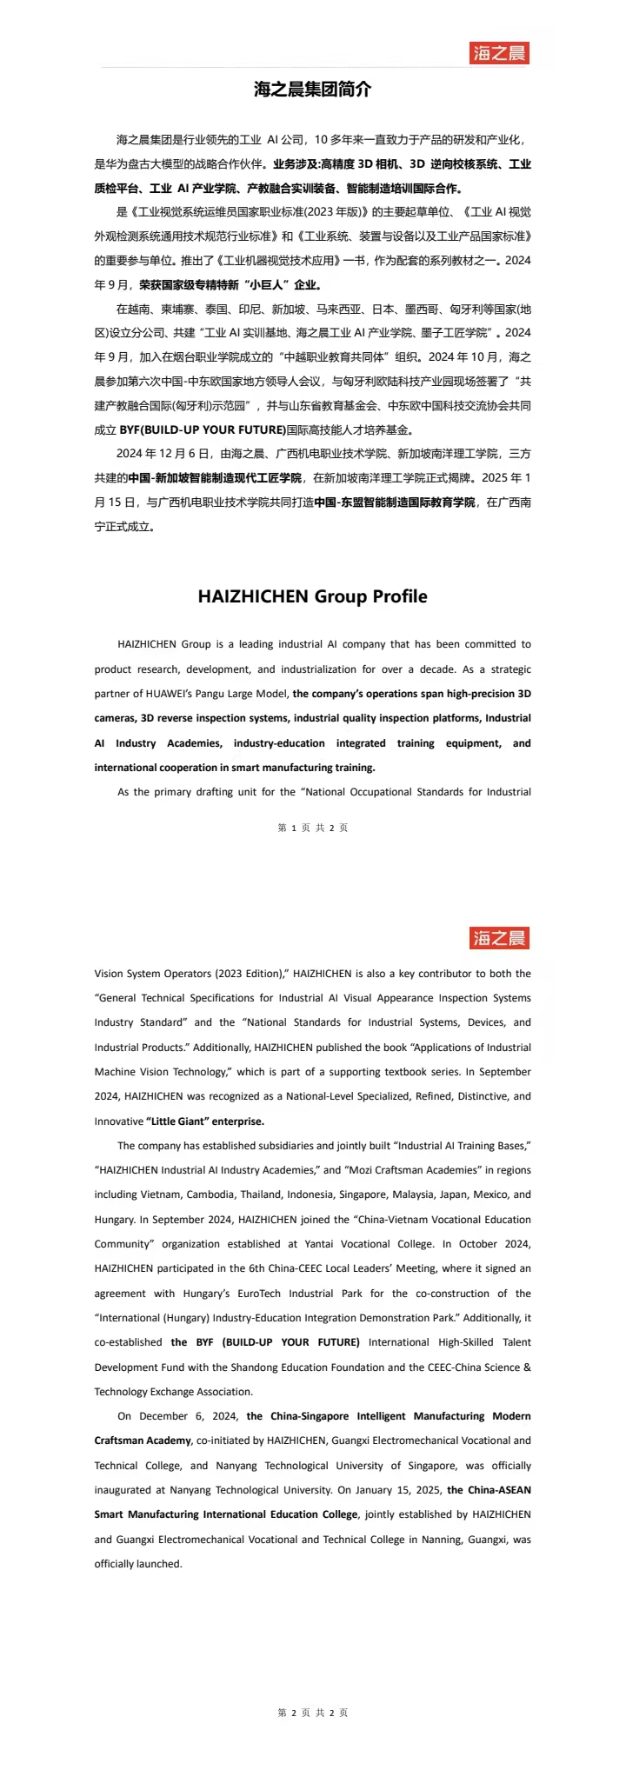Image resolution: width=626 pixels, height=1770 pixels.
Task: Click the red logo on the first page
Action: point(500,53)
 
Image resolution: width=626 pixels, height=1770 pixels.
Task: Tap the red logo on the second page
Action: point(500,938)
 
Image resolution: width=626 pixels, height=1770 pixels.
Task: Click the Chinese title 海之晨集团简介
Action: point(313,90)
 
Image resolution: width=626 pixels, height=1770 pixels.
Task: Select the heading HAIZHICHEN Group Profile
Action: point(313,596)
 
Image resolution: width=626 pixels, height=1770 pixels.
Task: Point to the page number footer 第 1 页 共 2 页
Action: point(313,828)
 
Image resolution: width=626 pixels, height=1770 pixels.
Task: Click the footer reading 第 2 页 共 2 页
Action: point(313,1713)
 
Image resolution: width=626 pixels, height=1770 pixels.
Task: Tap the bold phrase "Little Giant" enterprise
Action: point(205,1121)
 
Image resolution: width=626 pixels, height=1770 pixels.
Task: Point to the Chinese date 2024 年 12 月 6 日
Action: point(163,453)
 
